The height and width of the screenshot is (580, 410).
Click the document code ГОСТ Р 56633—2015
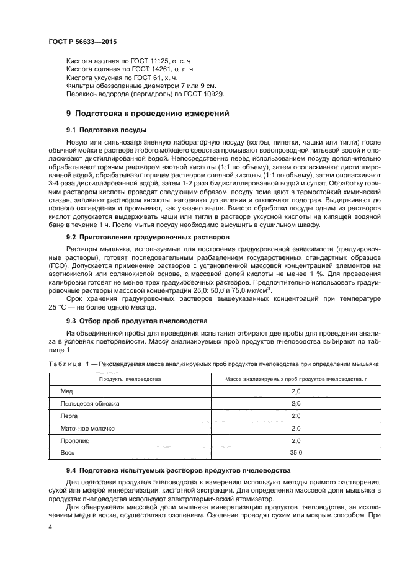[x=82, y=42]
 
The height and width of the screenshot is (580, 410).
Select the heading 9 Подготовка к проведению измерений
[x=148, y=114]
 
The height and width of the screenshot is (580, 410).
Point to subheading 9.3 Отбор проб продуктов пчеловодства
[x=136, y=321]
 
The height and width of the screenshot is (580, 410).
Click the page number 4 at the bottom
[x=50, y=527]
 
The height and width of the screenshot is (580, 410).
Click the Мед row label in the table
[x=66, y=391]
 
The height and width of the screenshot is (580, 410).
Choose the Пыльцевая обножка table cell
[x=89, y=404]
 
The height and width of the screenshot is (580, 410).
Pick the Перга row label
[x=69, y=416]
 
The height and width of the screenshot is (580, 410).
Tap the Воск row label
[x=67, y=453]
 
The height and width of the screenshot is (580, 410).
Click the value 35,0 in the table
[x=296, y=453]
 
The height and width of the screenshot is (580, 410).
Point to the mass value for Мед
[x=296, y=391]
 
